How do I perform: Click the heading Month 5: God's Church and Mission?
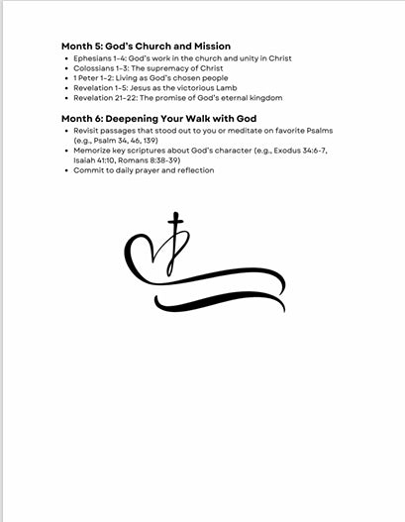(146, 46)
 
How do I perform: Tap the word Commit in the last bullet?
(87, 170)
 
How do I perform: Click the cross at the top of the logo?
(176, 224)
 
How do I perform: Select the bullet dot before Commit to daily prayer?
(65, 170)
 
